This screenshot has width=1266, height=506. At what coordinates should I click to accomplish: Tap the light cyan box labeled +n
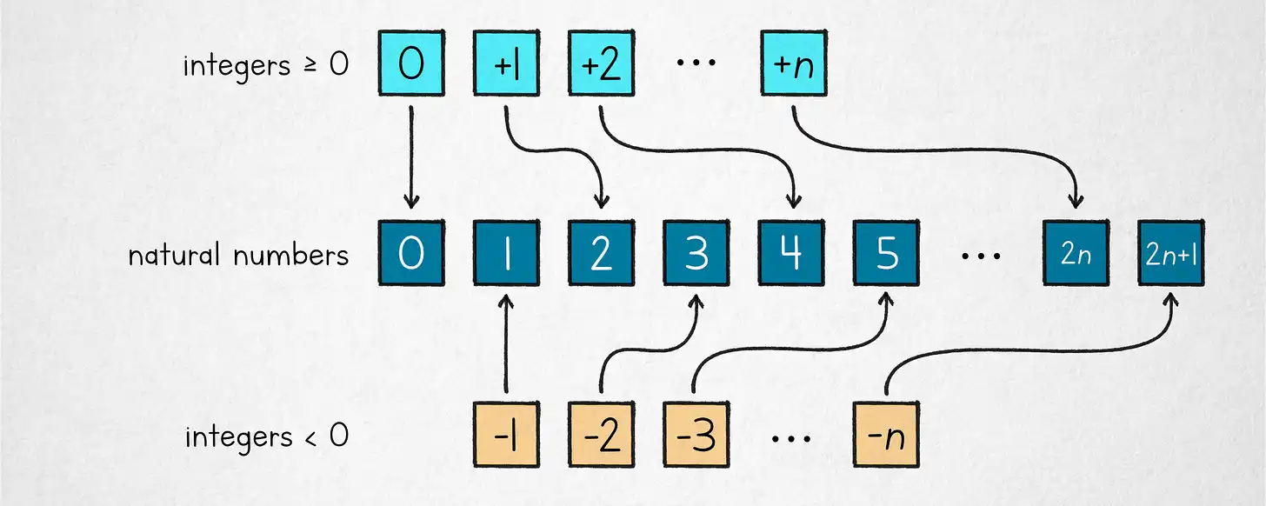793,63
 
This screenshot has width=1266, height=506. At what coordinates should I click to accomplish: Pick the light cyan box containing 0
411,63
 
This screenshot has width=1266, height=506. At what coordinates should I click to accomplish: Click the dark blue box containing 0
411,255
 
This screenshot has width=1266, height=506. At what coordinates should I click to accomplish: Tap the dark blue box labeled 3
696,255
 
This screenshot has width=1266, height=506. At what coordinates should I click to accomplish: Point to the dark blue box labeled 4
791,255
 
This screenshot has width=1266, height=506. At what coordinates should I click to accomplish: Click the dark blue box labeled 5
886,255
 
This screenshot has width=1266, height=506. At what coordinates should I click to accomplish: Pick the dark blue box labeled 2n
1076,255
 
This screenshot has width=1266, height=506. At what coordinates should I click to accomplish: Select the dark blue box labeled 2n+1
1171,255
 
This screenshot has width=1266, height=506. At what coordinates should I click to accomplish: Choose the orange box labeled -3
696,434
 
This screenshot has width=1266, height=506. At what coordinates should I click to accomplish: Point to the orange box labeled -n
886,434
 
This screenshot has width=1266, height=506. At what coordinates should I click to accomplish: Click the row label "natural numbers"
238,256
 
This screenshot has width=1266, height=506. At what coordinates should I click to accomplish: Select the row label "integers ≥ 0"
266,66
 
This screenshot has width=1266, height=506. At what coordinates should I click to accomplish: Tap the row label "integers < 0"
266,436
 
